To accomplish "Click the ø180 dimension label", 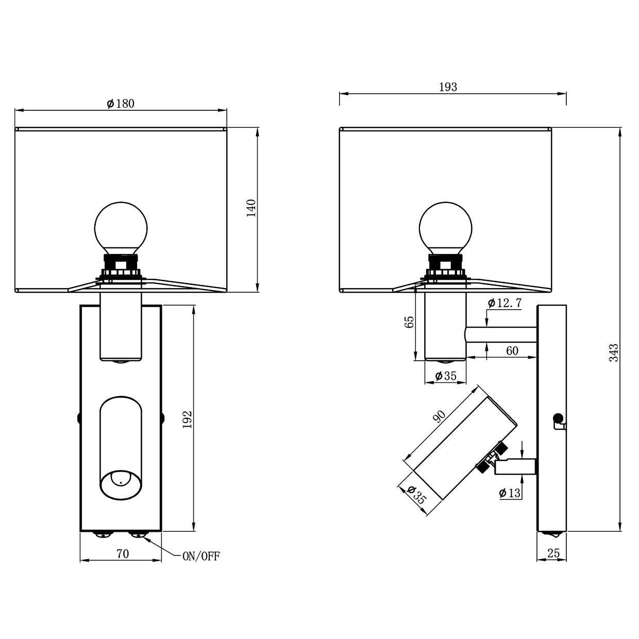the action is [121, 104].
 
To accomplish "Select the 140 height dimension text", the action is [251, 208].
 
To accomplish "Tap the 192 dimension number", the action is [188, 419].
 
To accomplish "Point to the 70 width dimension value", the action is [122, 554].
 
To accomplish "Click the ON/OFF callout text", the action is [201, 557].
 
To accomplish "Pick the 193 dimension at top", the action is [448, 87].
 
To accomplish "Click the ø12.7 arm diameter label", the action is [505, 303].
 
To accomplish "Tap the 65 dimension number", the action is [410, 322].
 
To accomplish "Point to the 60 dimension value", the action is [512, 351].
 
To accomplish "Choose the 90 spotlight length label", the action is [440, 416].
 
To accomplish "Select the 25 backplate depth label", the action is [553, 553].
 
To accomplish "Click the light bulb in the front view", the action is [121, 228].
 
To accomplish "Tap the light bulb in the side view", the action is [445, 228].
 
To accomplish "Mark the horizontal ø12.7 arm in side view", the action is [501, 334].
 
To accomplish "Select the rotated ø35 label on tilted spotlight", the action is [416, 495].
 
